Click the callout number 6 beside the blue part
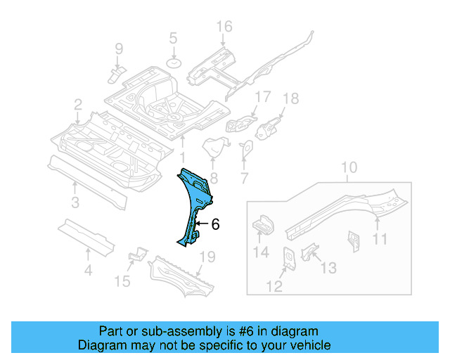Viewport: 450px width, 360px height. click(215, 224)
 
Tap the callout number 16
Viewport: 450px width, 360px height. click(223, 27)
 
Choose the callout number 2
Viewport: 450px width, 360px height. click(77, 105)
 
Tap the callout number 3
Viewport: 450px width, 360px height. click(75, 204)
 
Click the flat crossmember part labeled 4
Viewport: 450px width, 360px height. click(85, 235)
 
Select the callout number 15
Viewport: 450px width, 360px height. click(123, 281)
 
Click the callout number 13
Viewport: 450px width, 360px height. click(328, 269)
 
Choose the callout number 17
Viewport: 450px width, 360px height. click(262, 97)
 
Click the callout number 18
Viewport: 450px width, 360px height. click(290, 98)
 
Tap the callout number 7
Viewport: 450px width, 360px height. click(244, 179)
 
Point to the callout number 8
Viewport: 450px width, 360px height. click(213, 179)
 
